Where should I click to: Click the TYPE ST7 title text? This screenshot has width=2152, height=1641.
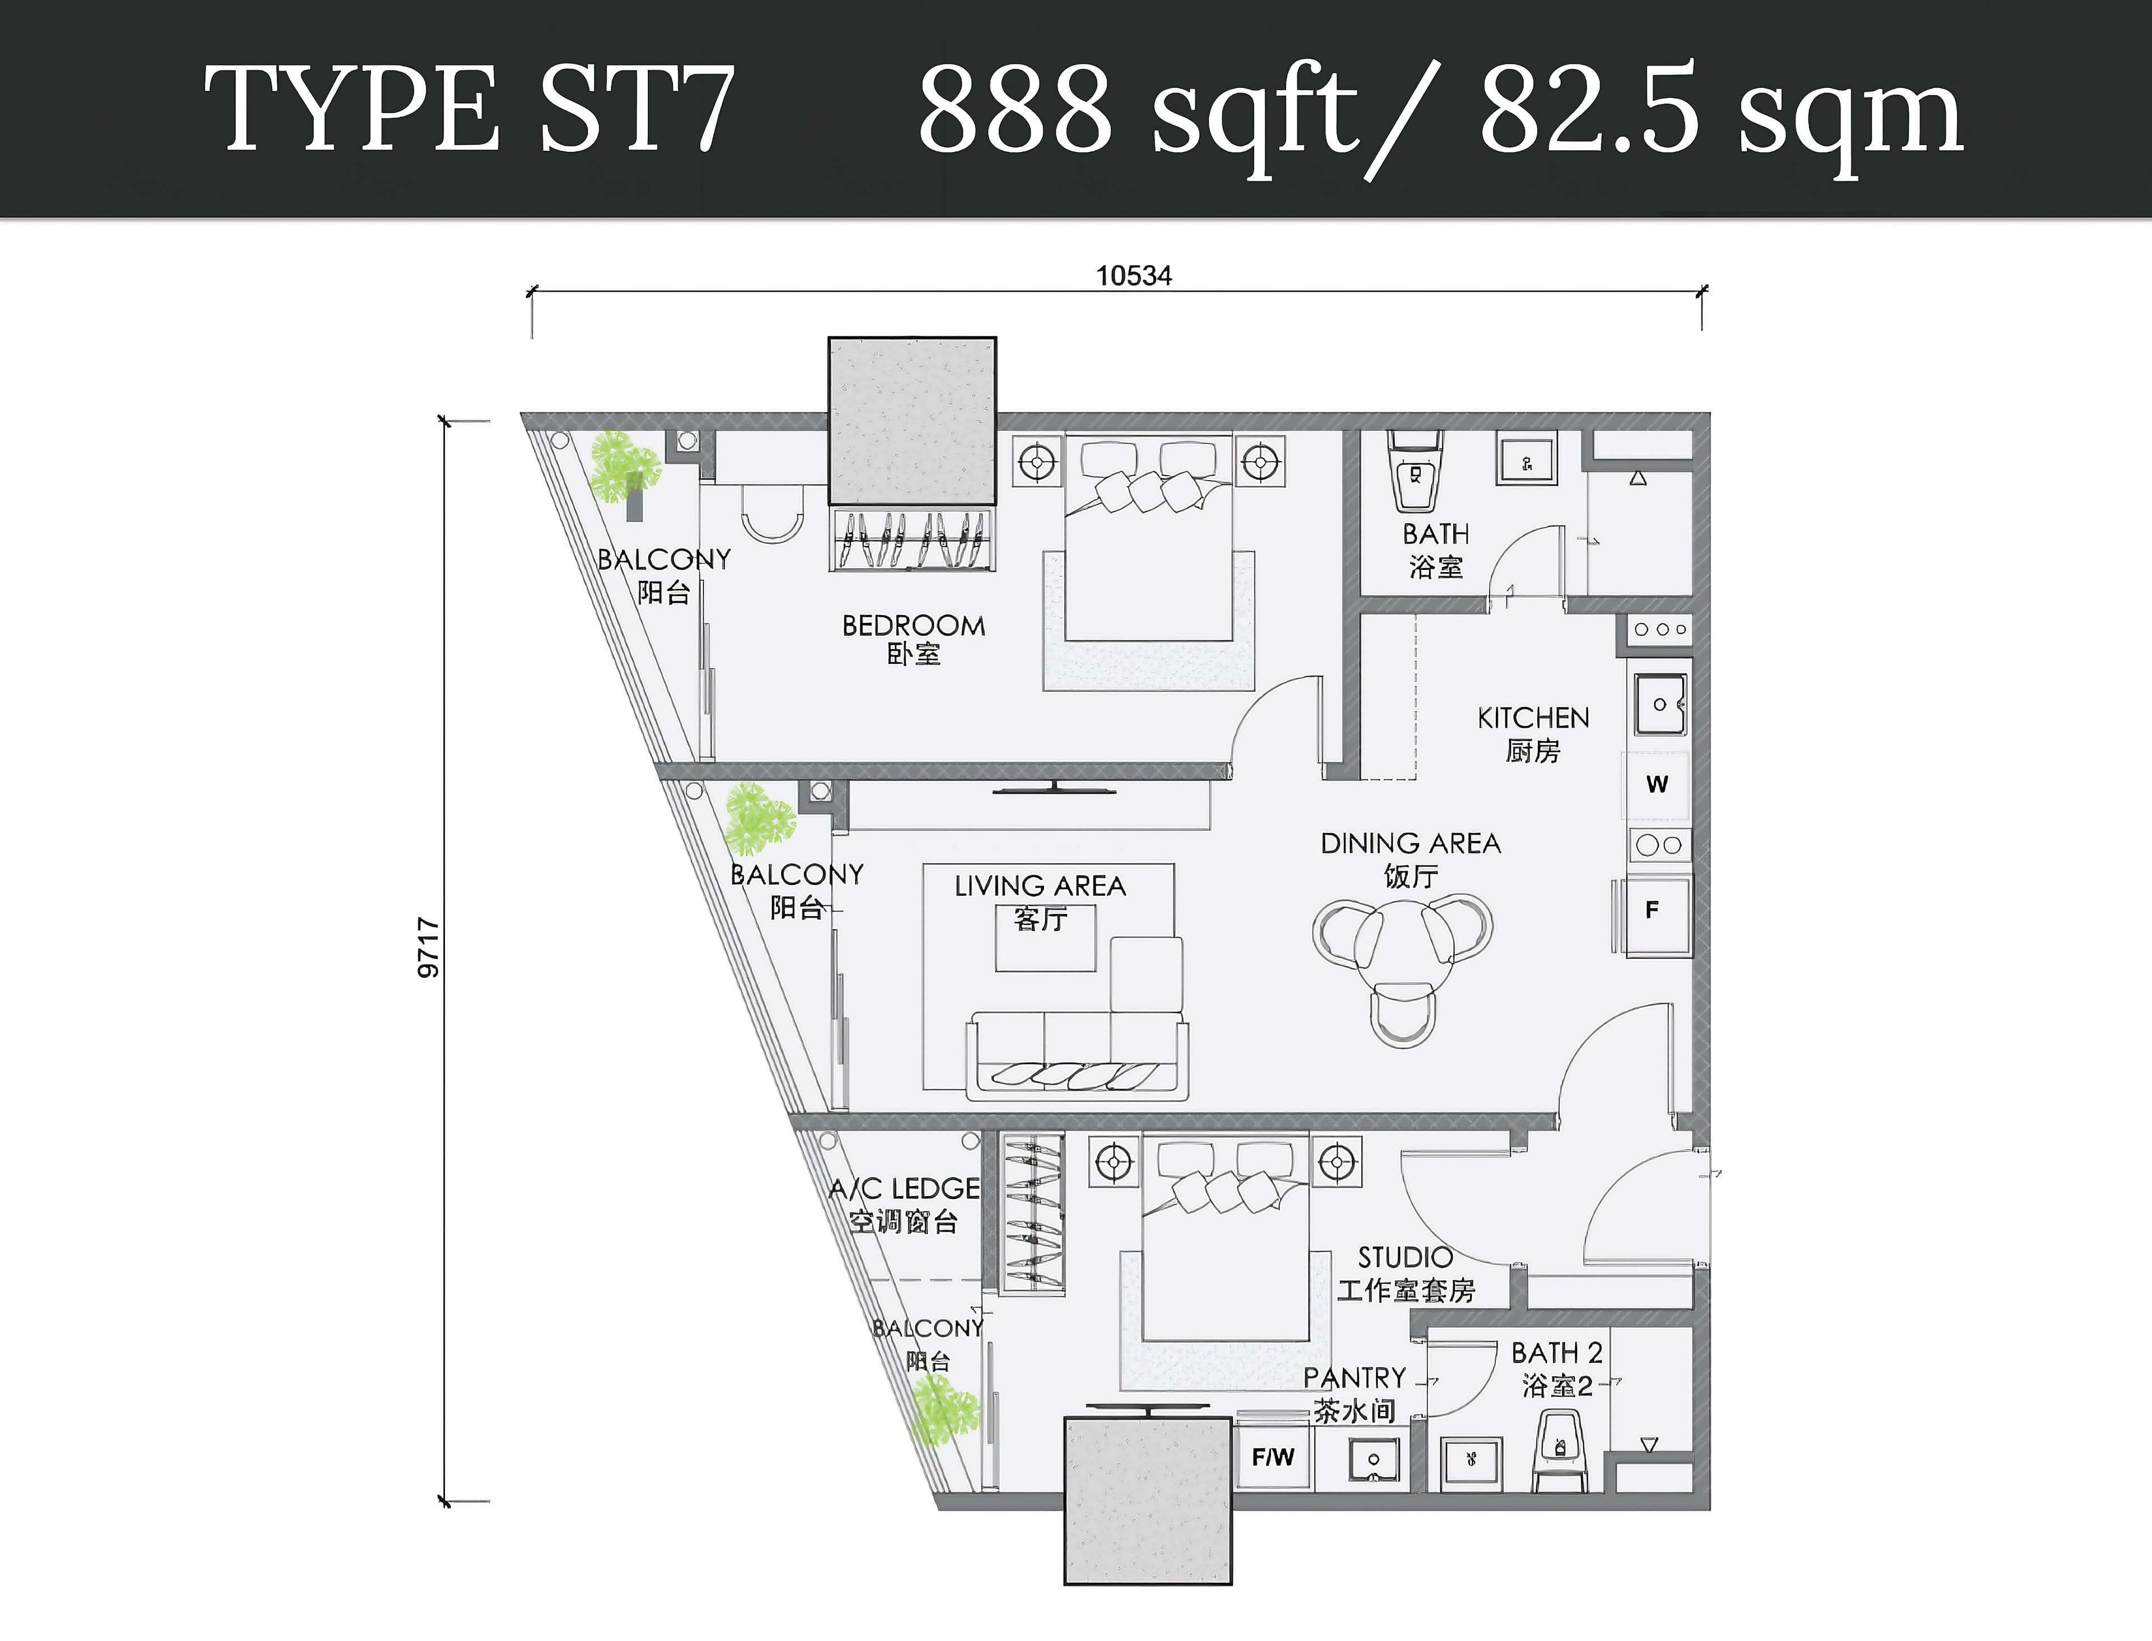[x=469, y=108]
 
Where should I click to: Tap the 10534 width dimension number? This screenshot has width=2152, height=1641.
[x=1133, y=276]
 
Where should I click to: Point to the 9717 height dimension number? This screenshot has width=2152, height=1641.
[x=428, y=947]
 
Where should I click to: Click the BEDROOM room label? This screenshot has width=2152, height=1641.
[x=913, y=625]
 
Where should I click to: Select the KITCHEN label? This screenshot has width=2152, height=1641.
[x=1533, y=718]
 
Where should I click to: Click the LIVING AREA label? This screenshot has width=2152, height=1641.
[x=1040, y=886]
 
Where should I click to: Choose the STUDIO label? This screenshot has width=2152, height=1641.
[x=1405, y=1257]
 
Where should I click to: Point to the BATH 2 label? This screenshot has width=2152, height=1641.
[x=1557, y=1353]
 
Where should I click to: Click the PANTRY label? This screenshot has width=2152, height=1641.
[x=1355, y=1377]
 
